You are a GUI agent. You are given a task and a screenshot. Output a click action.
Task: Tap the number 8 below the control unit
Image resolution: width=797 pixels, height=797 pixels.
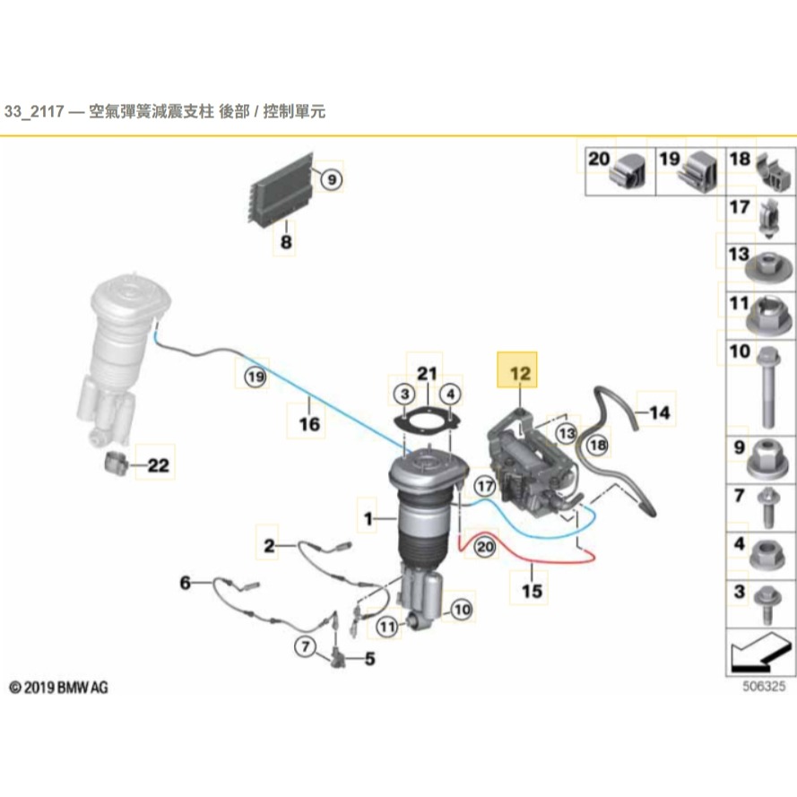[285, 242]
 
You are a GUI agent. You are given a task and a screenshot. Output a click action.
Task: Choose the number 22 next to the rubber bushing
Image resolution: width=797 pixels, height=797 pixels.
[158, 466]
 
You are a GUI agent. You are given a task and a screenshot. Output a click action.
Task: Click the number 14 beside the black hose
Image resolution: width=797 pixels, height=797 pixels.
[659, 413]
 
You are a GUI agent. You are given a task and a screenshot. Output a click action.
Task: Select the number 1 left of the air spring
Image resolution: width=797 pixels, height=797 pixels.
[368, 518]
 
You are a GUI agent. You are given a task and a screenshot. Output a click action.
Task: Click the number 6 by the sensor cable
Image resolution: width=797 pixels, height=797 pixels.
[186, 584]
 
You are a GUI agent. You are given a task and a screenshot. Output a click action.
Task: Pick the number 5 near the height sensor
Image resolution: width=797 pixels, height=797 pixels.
[369, 659]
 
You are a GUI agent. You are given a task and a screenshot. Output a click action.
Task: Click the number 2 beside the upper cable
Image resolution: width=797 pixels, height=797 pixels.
[269, 545]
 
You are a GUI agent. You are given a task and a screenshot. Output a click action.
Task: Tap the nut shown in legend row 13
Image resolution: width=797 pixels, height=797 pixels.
[768, 267]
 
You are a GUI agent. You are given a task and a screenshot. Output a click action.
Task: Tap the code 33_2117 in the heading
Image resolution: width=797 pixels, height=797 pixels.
[33, 112]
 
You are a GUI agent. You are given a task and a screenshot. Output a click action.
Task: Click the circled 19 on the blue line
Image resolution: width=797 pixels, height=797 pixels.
[256, 379]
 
